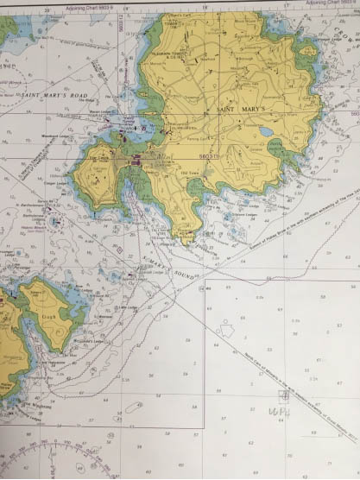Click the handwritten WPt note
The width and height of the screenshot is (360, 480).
[279, 414]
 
